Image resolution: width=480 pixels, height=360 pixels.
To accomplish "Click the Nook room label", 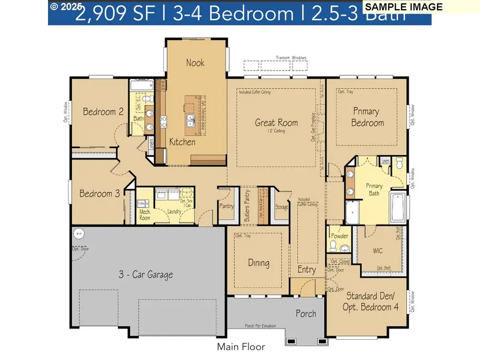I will (x=195, y=62).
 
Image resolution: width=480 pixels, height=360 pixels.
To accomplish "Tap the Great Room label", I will (x=276, y=123).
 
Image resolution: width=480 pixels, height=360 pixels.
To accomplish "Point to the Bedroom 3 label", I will (x=99, y=194).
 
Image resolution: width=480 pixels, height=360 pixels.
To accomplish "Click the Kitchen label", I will (x=182, y=142).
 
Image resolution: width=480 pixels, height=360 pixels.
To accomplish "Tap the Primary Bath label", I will (x=374, y=189).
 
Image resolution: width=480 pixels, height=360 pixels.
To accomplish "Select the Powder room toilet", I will (x=333, y=245).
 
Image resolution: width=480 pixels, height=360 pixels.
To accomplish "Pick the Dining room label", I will (x=258, y=262).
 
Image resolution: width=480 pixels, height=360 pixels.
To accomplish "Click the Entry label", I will (x=307, y=270).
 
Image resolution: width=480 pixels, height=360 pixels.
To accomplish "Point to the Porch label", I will (x=306, y=314).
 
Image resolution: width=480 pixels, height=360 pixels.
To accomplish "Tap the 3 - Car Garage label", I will (x=145, y=275).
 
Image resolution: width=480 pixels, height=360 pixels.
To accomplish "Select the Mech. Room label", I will (x=145, y=214).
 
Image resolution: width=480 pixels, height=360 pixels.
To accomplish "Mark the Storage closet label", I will (x=282, y=207).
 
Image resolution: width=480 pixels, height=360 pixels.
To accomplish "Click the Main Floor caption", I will (x=241, y=347).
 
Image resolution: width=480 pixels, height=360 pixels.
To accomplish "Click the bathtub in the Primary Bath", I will (x=399, y=209).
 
